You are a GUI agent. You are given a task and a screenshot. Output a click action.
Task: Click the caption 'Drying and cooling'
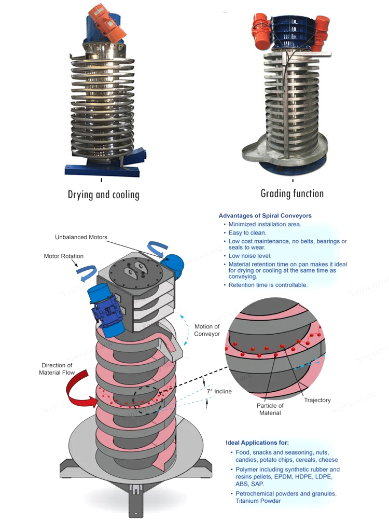104,195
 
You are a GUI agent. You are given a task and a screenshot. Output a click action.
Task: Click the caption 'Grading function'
292,194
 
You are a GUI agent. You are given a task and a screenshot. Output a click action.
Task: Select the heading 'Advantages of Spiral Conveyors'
265,215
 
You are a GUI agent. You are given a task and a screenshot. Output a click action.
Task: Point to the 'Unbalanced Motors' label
81,237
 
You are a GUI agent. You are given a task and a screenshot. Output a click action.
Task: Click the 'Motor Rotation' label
64,256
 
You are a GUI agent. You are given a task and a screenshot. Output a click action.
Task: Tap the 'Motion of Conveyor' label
207,330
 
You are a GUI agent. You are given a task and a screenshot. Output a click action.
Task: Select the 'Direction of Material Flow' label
57,369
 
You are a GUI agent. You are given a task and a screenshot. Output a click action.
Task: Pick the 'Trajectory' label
317,400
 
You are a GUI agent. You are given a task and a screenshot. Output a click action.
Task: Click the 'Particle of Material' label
270,409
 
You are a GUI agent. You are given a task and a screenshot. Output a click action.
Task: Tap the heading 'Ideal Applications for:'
257,443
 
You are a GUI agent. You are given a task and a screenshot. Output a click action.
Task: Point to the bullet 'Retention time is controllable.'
268,285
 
